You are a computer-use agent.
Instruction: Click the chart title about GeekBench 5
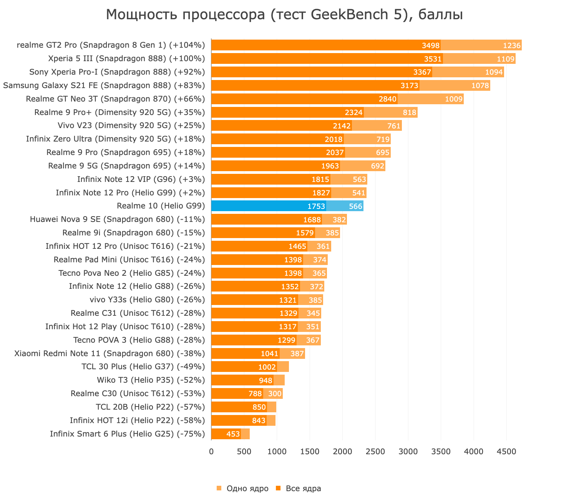coord(284,15)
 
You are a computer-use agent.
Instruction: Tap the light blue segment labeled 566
coord(345,206)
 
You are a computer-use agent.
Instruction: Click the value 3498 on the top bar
coord(430,46)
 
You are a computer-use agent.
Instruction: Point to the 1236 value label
coord(512,46)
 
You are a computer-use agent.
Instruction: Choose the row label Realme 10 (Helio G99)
coord(161,206)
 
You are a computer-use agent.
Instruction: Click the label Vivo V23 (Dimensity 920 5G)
coord(131,125)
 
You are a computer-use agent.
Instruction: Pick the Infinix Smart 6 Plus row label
coord(127,434)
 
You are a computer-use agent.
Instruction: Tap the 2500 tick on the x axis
coord(375,452)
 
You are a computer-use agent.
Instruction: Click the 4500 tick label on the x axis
coord(506,452)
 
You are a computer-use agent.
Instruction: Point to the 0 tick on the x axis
coord(211,452)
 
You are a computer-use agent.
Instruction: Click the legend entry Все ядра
coord(298,488)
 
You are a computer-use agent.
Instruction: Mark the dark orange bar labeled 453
coord(226,434)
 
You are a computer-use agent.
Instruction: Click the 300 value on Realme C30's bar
coord(275,394)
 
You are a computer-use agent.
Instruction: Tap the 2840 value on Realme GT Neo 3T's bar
coord(387,99)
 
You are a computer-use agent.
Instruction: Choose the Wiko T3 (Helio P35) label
coord(151,380)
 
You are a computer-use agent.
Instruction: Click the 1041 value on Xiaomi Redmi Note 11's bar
coord(269,353)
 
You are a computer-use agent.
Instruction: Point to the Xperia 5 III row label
coord(126,58)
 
